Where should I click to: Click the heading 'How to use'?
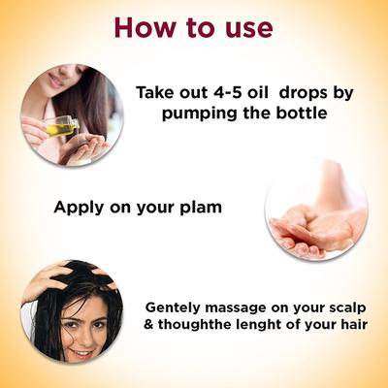pos(194,26)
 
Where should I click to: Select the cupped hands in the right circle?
pos(313,230)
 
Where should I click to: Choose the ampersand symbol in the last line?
pos(147,324)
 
